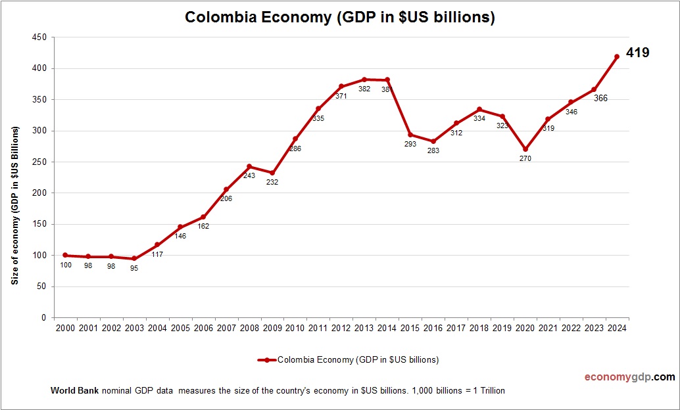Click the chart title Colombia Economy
pos(339,18)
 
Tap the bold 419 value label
pos(637,53)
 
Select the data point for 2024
pos(617,57)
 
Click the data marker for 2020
pos(525,149)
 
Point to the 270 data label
pos(525,159)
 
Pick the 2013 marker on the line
pos(364,80)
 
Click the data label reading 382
pos(364,89)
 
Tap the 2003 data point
pos(134,258)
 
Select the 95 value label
pos(134,268)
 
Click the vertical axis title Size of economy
pos(14,205)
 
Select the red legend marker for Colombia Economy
pos(266,360)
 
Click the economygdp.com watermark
pos(629,377)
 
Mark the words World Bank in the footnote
pos(74,391)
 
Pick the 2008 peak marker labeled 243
pos(249,166)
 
